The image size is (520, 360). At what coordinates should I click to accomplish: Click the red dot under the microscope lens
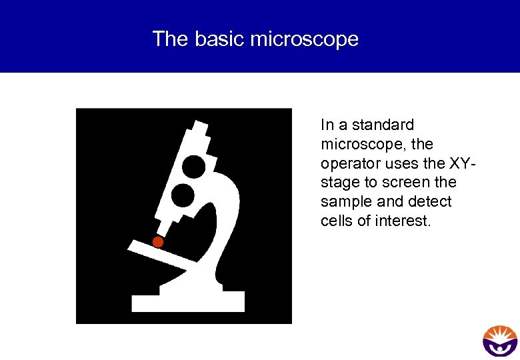158,242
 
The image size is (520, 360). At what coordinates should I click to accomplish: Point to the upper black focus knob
194,166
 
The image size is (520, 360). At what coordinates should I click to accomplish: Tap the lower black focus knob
183,195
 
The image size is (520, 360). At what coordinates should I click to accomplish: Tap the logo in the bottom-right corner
500,341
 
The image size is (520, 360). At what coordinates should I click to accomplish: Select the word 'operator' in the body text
348,163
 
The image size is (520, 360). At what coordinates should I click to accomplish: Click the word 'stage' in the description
339,183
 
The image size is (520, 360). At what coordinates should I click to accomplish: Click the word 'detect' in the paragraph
431,202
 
